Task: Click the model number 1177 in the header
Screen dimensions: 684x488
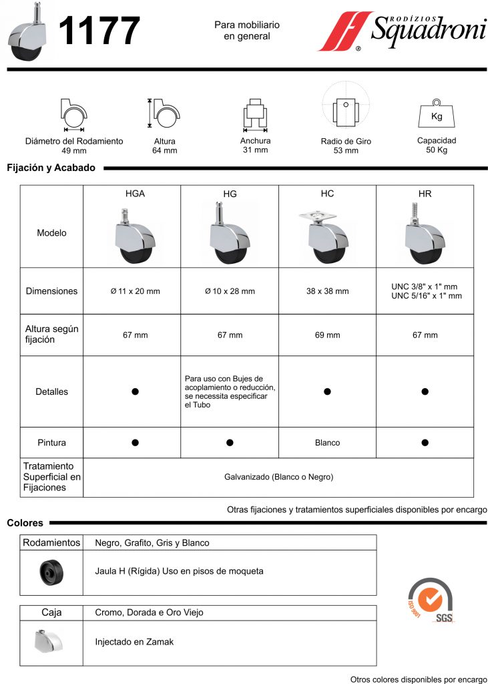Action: pyautogui.click(x=100, y=31)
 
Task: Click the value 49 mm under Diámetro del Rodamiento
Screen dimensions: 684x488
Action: pyautogui.click(x=74, y=151)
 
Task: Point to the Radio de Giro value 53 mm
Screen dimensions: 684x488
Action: pyautogui.click(x=346, y=151)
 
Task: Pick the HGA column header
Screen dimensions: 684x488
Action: pyautogui.click(x=135, y=194)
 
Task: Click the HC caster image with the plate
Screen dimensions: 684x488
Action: pyautogui.click(x=326, y=234)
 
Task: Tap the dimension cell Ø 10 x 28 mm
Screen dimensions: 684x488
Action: pyautogui.click(x=230, y=291)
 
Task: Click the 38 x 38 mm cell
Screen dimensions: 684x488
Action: pyautogui.click(x=327, y=291)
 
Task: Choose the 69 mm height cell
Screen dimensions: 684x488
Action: pyautogui.click(x=327, y=335)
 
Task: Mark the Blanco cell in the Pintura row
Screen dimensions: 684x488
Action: pyautogui.click(x=327, y=443)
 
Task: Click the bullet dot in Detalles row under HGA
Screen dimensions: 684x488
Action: pyautogui.click(x=135, y=391)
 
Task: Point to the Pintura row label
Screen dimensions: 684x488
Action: pyautogui.click(x=51, y=443)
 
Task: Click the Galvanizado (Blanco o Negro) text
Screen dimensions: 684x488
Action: pyautogui.click(x=278, y=477)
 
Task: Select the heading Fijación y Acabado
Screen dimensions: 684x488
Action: pyautogui.click(x=51, y=168)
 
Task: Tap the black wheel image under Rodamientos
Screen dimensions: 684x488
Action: pyautogui.click(x=51, y=572)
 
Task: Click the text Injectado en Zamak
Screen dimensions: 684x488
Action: pyautogui.click(x=134, y=642)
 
